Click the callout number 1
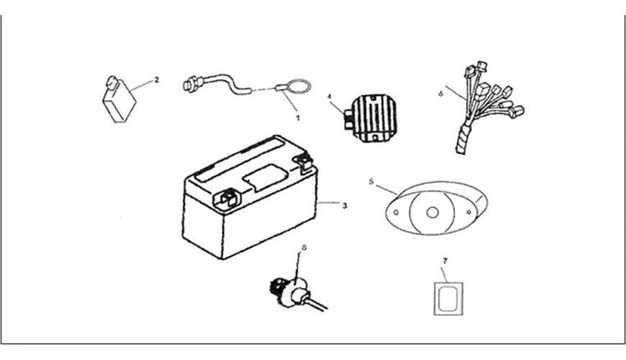tap(297, 118)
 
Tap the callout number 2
tap(157, 80)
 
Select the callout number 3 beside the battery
tap(345, 206)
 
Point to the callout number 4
tap(330, 96)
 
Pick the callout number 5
tap(371, 181)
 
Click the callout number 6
tap(441, 94)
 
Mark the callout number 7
tap(445, 261)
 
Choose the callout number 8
tap(304, 248)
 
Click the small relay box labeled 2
tap(119, 99)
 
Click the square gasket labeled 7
tap(448, 299)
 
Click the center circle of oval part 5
tap(432, 212)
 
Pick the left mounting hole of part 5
tap(396, 212)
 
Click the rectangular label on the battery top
tap(266, 177)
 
